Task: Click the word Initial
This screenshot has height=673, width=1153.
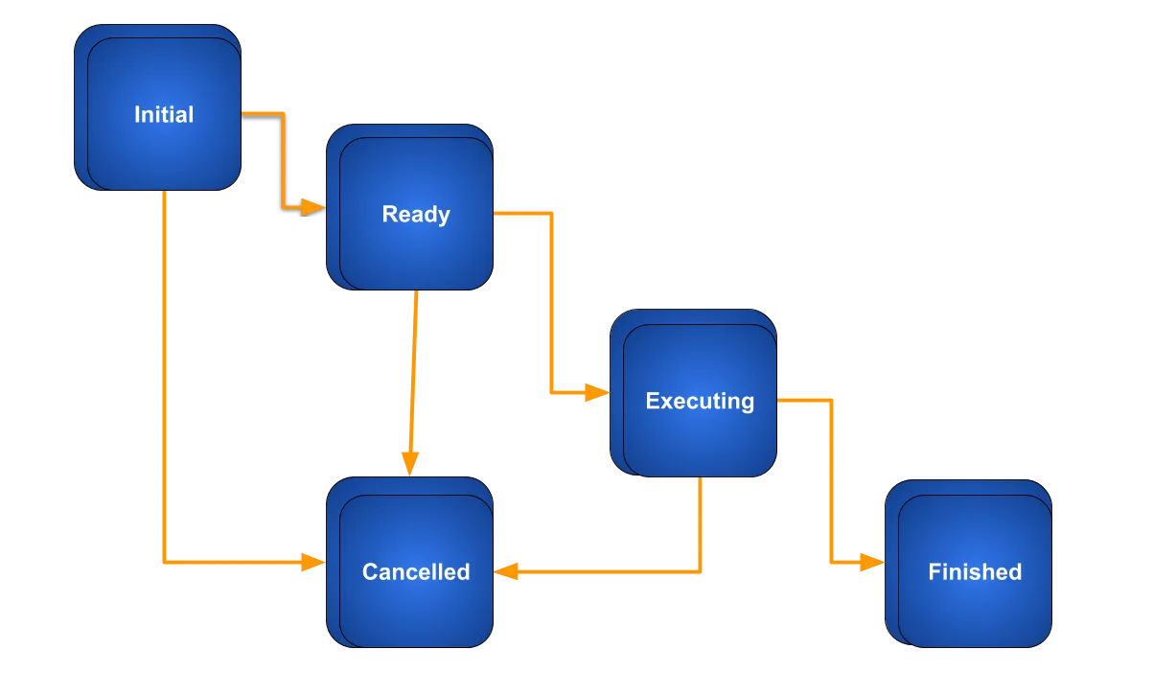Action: click(x=164, y=115)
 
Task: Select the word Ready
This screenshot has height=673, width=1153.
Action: click(x=416, y=214)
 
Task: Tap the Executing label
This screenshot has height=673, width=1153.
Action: click(x=700, y=401)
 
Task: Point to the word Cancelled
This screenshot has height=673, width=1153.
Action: click(x=416, y=572)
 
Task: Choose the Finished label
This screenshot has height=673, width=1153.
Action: click(x=975, y=572)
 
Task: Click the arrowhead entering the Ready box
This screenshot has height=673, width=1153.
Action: click(x=312, y=206)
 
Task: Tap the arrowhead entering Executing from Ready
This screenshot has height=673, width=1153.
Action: click(x=596, y=392)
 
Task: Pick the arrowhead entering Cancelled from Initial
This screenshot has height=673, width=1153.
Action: click(x=312, y=563)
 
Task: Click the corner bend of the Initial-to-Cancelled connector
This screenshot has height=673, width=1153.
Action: click(x=165, y=562)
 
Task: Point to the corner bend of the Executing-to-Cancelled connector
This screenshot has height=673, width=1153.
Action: click(x=702, y=572)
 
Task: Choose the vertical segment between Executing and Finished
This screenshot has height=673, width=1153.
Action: click(x=831, y=479)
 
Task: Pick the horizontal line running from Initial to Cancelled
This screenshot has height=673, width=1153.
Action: click(x=235, y=562)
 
